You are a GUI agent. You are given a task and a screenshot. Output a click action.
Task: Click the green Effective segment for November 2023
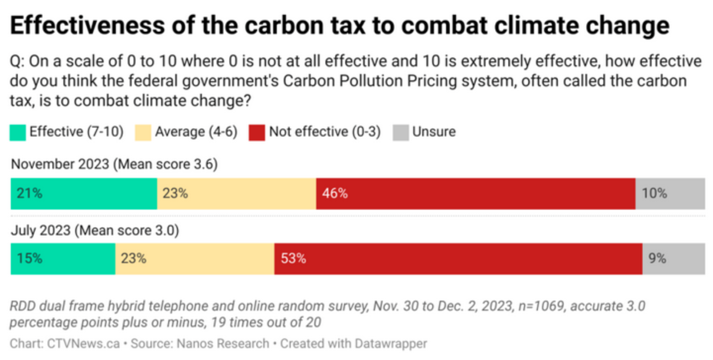point(84,193)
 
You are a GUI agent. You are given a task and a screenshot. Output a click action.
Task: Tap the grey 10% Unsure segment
point(670,193)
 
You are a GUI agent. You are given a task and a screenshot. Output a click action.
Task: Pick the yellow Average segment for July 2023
point(195,259)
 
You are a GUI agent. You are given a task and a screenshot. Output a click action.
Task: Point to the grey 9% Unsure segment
point(674,259)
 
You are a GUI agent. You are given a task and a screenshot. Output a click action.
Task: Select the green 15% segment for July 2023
point(63,259)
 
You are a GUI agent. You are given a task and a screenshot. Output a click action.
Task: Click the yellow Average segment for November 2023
point(237,193)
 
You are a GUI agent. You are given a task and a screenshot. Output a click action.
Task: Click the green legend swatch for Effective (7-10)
point(18,133)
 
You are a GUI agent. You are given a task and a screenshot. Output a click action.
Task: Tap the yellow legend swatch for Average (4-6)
point(143,133)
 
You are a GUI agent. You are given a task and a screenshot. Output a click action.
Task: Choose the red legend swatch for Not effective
point(257,133)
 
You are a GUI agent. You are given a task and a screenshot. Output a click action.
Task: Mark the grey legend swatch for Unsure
point(401,133)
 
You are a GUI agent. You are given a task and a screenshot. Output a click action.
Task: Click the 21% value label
point(29,193)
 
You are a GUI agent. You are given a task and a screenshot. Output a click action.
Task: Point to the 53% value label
point(293,259)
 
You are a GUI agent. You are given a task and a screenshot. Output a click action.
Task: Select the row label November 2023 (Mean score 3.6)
point(114,164)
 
